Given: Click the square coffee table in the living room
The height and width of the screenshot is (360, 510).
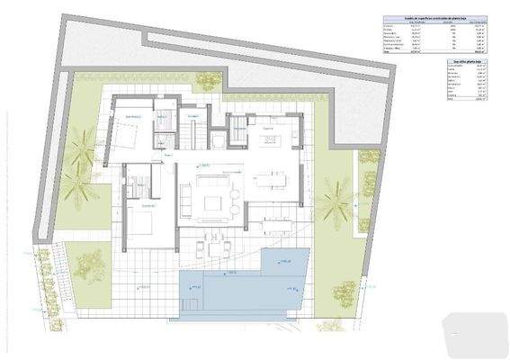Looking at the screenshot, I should coord(214,191).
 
